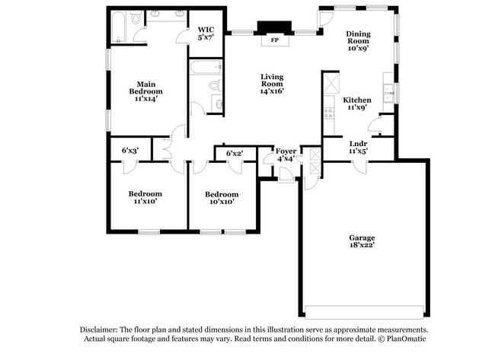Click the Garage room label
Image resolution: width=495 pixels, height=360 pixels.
tap(362, 237)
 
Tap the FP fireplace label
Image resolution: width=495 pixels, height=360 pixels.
tap(274, 40)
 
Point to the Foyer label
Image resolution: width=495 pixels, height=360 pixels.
tap(286, 150)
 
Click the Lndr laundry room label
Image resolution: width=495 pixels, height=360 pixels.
tap(358, 143)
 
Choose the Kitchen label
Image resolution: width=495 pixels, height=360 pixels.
tap(356, 100)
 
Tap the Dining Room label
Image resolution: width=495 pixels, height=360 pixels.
tap(358, 34)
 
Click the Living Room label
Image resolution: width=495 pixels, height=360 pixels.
tap(272, 77)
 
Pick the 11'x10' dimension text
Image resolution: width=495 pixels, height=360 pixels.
tap(145, 202)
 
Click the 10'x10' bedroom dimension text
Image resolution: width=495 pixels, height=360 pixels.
tap(221, 202)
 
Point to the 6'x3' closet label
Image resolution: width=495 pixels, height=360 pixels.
tap(130, 150)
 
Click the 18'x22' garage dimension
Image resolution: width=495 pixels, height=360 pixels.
tap(362, 246)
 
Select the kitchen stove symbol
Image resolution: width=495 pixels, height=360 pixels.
tap(329, 113)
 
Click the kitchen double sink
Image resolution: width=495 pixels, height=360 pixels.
tap(388, 93)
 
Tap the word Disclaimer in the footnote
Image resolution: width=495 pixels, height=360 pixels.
tap(103, 329)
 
